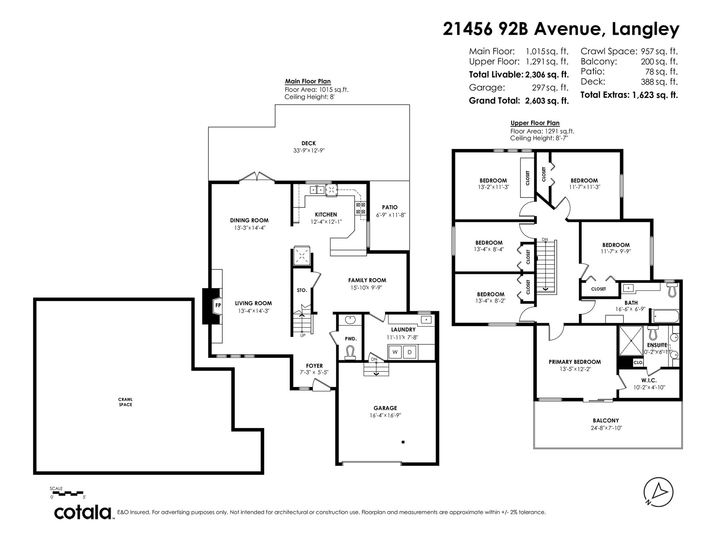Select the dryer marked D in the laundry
pyautogui.click(x=410, y=352)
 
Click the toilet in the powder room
pyautogui.click(x=350, y=353)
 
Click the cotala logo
pyautogui.click(x=83, y=512)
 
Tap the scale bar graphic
pyautogui.click(x=68, y=494)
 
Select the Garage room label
pyautogui.click(x=385, y=408)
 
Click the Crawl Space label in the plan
pyautogui.click(x=125, y=402)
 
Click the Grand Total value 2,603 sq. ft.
pyautogui.click(x=547, y=101)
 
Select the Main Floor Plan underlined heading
pyautogui.click(x=308, y=81)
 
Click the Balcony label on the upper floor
pyautogui.click(x=606, y=420)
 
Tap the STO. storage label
pyautogui.click(x=302, y=290)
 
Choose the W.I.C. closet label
pyautogui.click(x=649, y=380)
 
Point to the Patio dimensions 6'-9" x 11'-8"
pyautogui.click(x=390, y=215)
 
